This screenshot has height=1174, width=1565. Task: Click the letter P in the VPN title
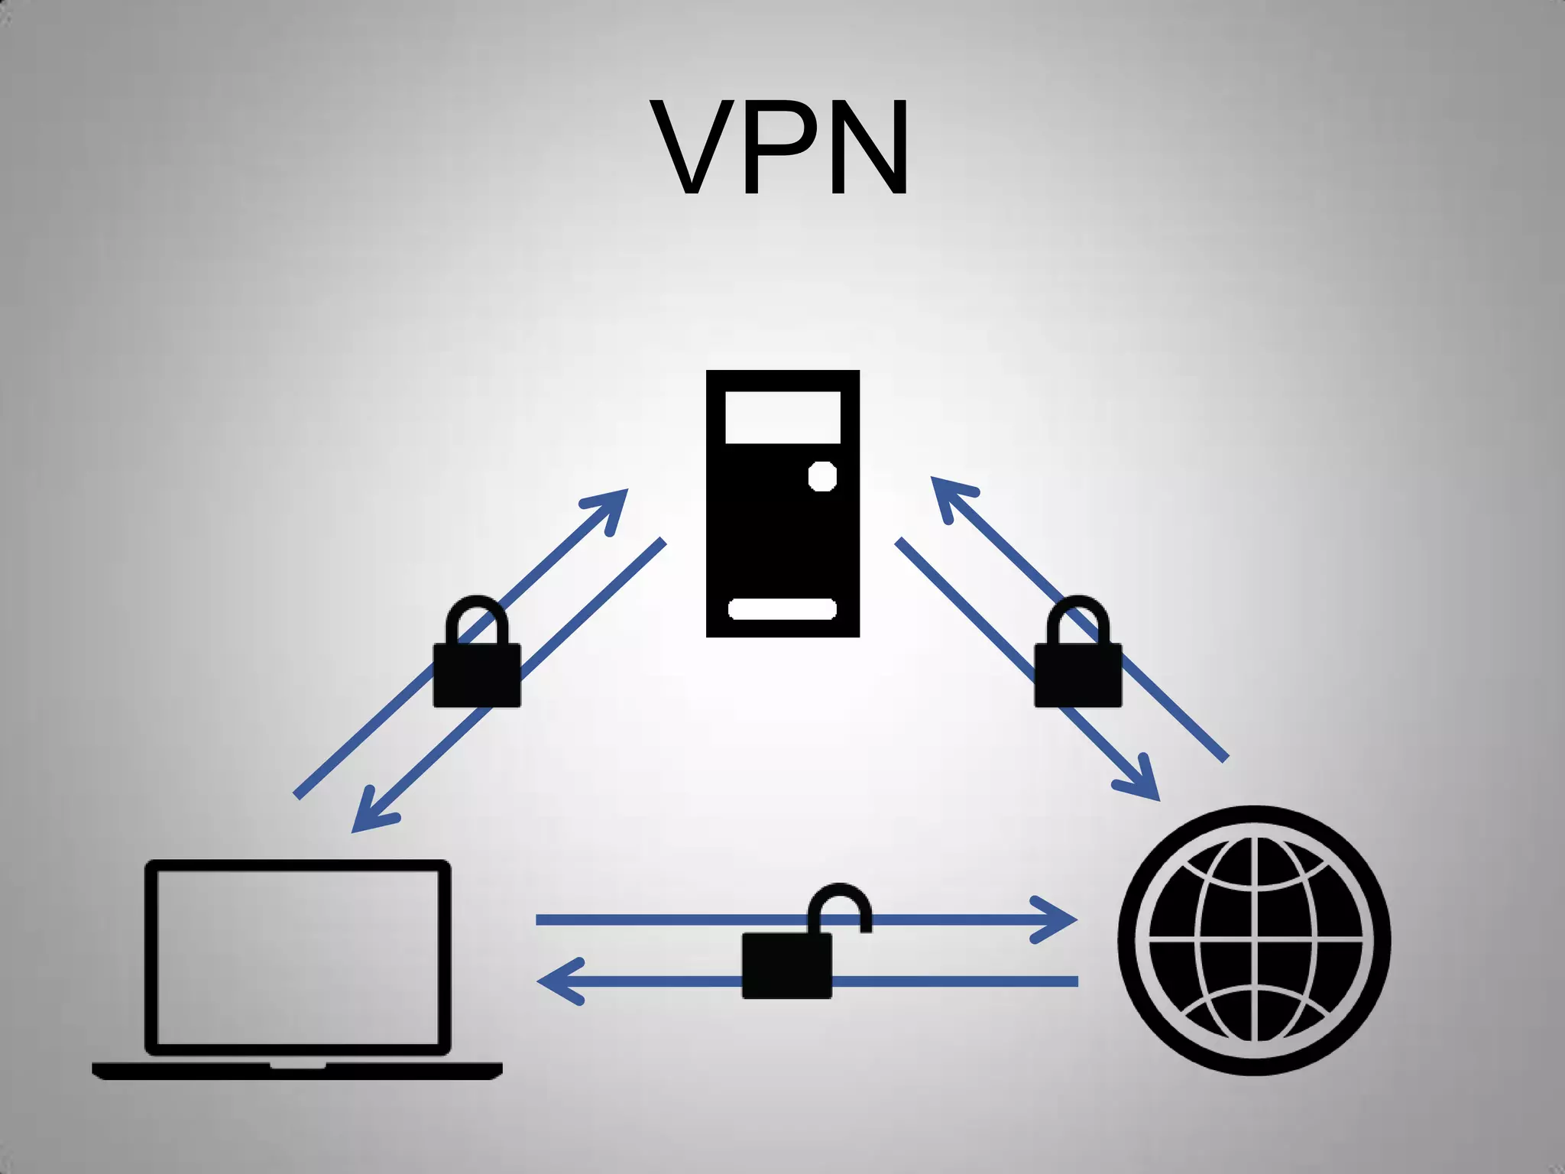pos(778,147)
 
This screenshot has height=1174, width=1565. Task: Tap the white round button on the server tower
pos(822,476)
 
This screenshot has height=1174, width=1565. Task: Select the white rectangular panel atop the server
pos(782,417)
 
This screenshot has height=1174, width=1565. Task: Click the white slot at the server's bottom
pos(782,609)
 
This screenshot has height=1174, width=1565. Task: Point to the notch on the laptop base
pos(298,1065)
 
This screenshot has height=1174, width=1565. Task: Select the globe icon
pos(1254,940)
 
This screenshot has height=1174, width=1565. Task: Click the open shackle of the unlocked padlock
pos(841,902)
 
